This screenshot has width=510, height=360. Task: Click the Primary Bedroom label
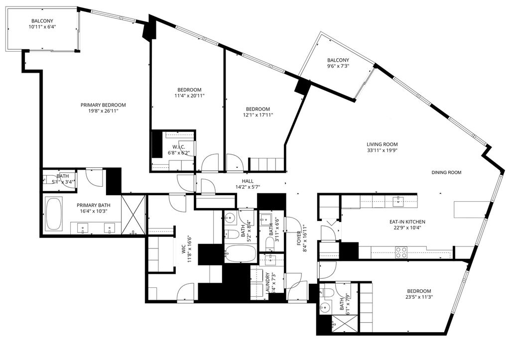click(x=103, y=105)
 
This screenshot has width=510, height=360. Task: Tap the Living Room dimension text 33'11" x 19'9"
click(x=382, y=150)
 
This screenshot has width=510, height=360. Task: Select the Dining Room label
click(x=446, y=173)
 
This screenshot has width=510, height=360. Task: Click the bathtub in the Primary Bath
click(x=54, y=214)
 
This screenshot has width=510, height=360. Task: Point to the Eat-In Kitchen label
click(x=407, y=222)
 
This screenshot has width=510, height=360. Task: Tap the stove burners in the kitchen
click(x=401, y=252)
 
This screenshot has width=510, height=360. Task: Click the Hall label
click(x=248, y=181)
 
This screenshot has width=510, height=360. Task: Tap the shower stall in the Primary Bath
click(x=133, y=214)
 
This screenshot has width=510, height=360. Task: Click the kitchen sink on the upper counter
click(x=398, y=202)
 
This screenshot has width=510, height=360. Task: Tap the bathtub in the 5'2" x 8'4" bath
click(x=240, y=252)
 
